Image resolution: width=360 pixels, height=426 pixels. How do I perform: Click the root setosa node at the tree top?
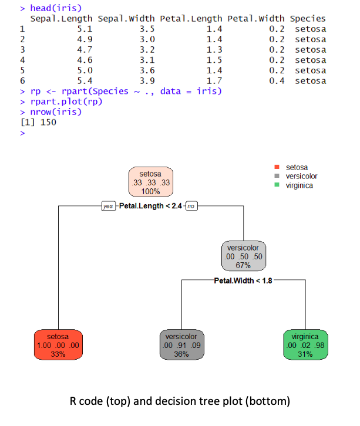[x=150, y=182]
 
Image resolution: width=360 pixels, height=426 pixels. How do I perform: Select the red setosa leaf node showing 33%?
[x=58, y=345]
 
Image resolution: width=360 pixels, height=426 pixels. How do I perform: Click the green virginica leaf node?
[x=305, y=345]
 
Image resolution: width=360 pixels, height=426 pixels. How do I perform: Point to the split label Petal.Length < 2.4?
[x=151, y=207]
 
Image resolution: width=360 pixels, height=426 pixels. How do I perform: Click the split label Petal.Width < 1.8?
[x=243, y=280]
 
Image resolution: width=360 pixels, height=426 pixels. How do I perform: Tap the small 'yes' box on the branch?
[x=109, y=207]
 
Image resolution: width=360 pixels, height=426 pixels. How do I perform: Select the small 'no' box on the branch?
[x=191, y=207]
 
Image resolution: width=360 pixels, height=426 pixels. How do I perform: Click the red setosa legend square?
[x=277, y=168]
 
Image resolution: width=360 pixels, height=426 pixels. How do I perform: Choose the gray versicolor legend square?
[x=277, y=176]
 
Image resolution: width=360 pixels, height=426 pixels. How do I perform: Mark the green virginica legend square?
[x=277, y=185]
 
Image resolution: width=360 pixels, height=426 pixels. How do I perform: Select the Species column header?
[x=308, y=19]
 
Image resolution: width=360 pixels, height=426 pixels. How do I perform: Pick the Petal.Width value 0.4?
[x=276, y=81]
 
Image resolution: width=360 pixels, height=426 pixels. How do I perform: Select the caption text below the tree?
[x=179, y=402]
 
